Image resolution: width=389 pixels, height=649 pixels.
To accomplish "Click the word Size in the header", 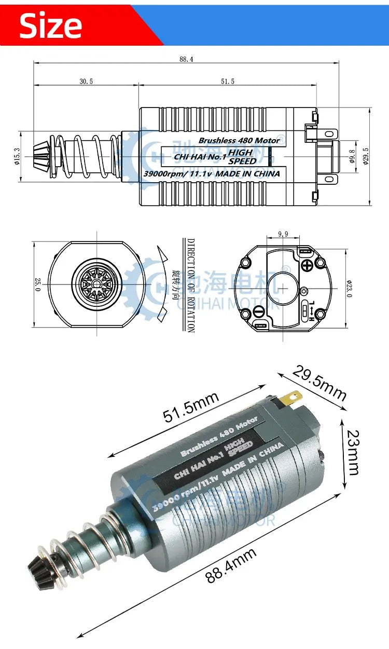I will pyautogui.click(x=50, y=25).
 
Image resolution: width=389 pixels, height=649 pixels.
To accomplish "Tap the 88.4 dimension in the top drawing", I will pyautogui.click(x=186, y=59).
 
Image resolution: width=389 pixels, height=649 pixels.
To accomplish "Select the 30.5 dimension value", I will pyautogui.click(x=86, y=81).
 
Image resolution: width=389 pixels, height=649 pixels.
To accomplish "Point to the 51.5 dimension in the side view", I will pyautogui.click(x=227, y=81).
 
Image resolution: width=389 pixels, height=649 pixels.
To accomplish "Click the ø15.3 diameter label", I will pyautogui.click(x=17, y=156).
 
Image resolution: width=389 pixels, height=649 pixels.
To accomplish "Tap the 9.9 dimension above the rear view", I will pyautogui.click(x=283, y=234).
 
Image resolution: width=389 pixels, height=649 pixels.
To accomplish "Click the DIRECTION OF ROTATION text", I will pyautogui.click(x=190, y=285).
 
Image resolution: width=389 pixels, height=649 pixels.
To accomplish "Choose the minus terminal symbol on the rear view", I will pyautogui.click(x=259, y=312).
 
